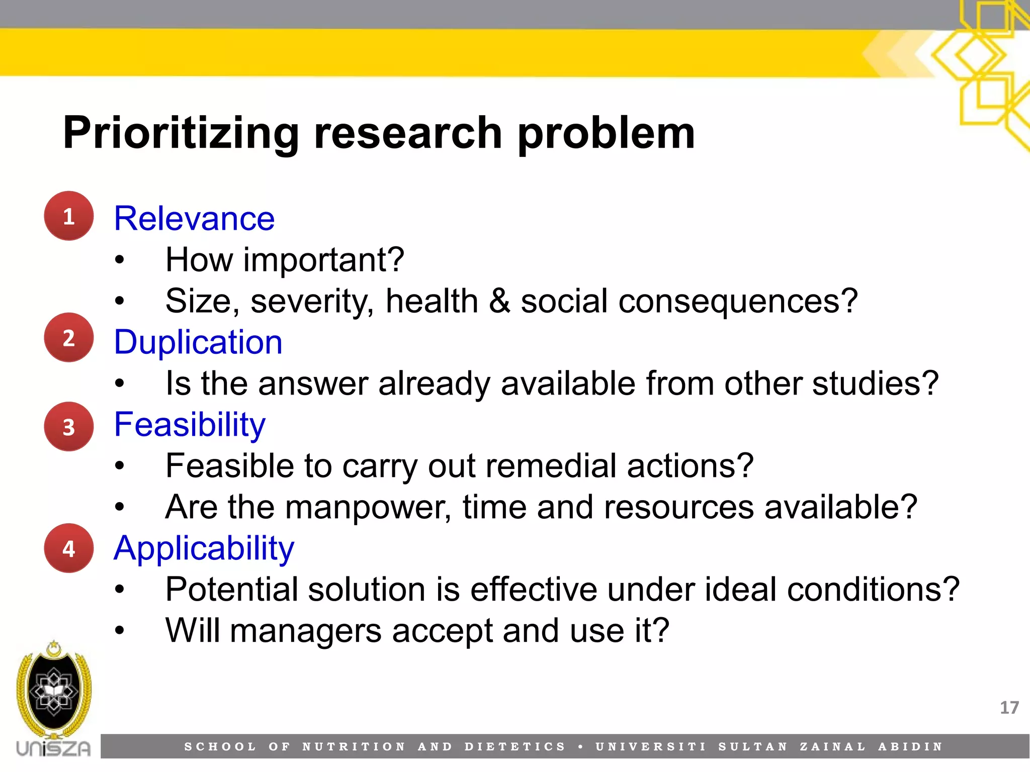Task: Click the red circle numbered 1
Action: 69,216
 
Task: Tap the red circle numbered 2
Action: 69,338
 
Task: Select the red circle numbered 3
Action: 69,427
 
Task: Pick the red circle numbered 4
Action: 69,548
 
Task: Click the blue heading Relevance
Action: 194,219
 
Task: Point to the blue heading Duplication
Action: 198,342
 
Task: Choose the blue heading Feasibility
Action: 190,425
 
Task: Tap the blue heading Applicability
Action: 204,548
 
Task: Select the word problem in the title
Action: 606,133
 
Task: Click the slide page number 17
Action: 1009,708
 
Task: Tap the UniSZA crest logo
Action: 54,691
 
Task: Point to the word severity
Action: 312,301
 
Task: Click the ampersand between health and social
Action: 499,301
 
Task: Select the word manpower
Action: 368,507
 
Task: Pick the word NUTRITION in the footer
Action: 354,746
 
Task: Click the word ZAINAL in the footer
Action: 833,746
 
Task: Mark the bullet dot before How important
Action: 119,260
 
